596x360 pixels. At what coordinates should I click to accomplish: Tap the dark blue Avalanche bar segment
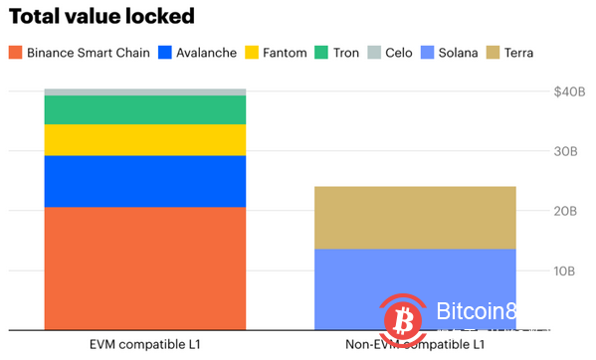145,181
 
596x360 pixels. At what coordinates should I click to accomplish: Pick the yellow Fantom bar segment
145,139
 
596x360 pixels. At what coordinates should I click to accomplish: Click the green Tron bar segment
145,109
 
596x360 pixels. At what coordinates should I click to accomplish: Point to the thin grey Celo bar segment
145,91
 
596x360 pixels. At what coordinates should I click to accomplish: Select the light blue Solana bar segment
415,288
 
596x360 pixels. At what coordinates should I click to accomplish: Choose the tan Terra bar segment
415,217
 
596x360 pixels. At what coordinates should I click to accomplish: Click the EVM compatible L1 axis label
144,344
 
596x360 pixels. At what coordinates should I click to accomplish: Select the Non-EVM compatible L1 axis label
415,344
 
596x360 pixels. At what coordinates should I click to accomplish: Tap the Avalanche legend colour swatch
165,52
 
